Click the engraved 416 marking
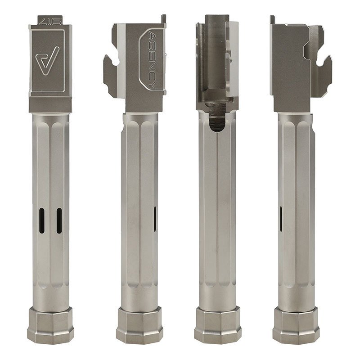tap(50, 20)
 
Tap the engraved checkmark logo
tap(47, 60)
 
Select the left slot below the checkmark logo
tap(41, 220)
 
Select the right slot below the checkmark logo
tap(59, 220)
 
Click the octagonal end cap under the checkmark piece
tap(50, 325)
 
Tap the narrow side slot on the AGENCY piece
tap(155, 219)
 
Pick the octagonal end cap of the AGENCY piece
tap(139, 325)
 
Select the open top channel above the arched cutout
tap(217, 54)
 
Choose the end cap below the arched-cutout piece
tap(218, 325)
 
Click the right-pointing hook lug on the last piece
tap(324, 74)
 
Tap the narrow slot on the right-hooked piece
tap(281, 219)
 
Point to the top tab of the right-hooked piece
tap(272, 19)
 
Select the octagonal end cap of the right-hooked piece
tap(296, 325)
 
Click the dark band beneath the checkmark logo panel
tap(50, 104)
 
